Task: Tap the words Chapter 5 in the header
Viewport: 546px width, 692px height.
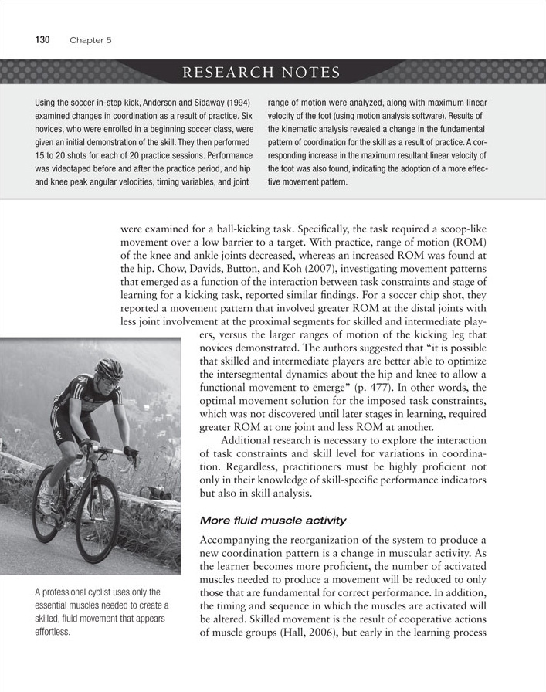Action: (x=91, y=41)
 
